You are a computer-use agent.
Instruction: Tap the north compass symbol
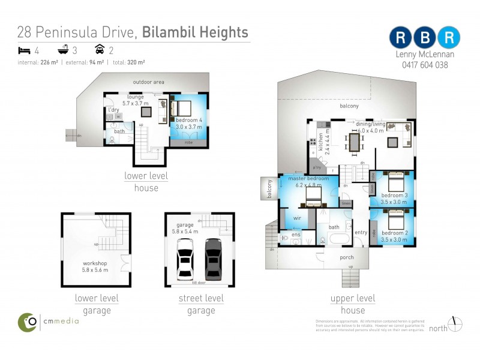(455, 323)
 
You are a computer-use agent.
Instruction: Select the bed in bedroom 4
(182, 109)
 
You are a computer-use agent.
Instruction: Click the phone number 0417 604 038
(422, 65)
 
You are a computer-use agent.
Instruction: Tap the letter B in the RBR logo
(425, 37)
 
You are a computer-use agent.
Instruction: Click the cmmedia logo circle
(27, 322)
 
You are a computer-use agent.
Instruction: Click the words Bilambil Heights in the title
(195, 32)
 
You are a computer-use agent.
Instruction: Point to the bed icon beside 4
(25, 50)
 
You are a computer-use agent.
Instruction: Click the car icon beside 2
(100, 50)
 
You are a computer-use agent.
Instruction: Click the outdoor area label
(148, 82)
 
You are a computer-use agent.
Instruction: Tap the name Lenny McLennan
(422, 54)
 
